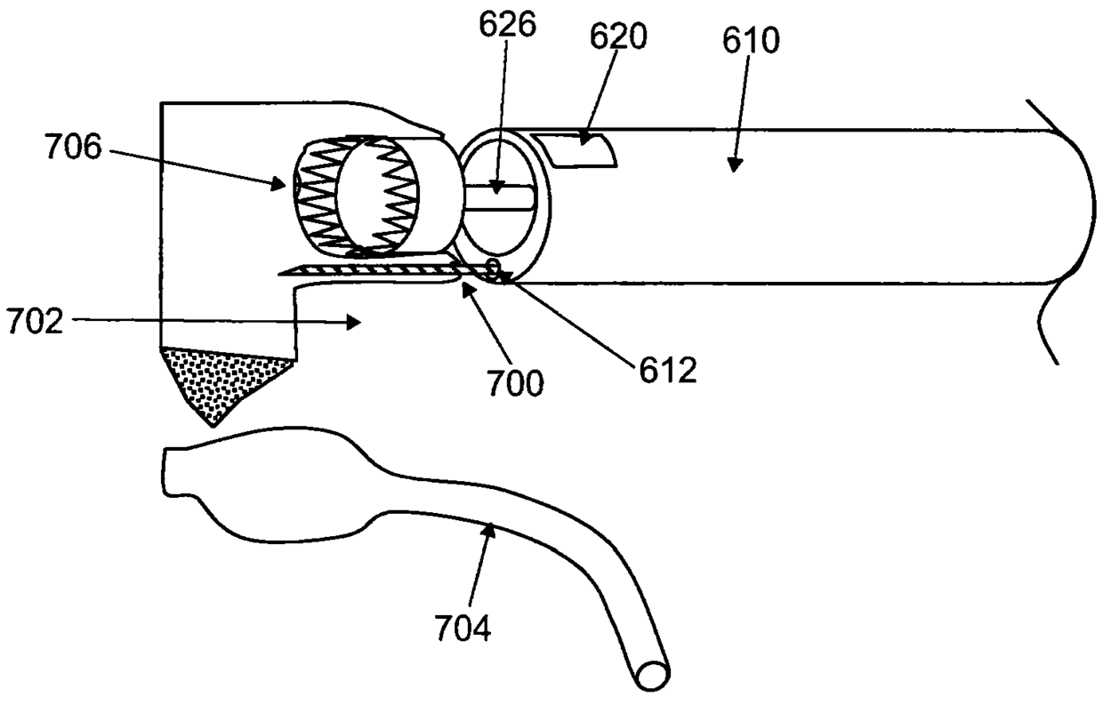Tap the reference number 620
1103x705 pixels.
click(x=618, y=36)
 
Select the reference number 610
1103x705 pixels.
click(x=752, y=39)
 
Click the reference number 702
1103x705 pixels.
click(x=34, y=320)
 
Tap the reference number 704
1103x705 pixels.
click(x=462, y=629)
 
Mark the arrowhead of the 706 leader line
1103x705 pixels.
click(x=285, y=185)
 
